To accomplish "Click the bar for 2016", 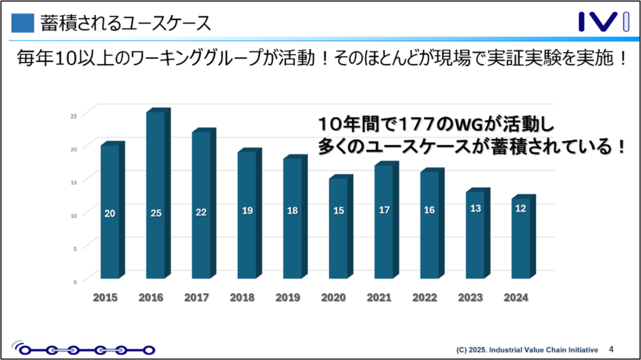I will pyautogui.click(x=156, y=194).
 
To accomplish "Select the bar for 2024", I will pyautogui.click(x=520, y=238).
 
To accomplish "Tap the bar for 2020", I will pyautogui.click(x=338, y=229).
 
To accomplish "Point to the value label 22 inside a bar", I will pyautogui.click(x=201, y=213).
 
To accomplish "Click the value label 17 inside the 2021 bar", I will pyautogui.click(x=384, y=210).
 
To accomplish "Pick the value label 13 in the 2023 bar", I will pyautogui.click(x=475, y=208).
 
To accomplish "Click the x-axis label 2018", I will pyautogui.click(x=242, y=298).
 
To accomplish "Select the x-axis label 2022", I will pyautogui.click(x=424, y=298).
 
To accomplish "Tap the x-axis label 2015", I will pyautogui.click(x=105, y=298).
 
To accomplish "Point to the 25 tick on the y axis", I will pyautogui.click(x=73, y=116).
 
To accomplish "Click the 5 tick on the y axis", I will pyautogui.click(x=74, y=249).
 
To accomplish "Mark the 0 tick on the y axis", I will pyautogui.click(x=74, y=282).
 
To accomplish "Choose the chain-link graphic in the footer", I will pyautogui.click(x=85, y=349).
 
